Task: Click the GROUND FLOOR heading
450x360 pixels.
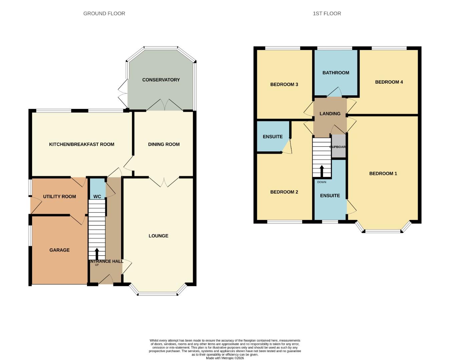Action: tap(104, 14)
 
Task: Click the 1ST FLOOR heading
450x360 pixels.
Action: tap(327, 14)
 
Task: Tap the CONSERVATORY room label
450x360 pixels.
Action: tap(161, 80)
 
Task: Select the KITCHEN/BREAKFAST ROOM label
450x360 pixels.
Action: tap(82, 144)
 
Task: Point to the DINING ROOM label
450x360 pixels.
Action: tap(164, 144)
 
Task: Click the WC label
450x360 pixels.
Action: tap(97, 197)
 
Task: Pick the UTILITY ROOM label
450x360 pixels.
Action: tap(59, 197)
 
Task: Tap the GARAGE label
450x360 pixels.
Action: tap(59, 250)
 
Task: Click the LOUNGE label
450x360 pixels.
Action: tap(158, 236)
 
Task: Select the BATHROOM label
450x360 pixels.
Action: tap(336, 73)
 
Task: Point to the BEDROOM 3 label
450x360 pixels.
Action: tap(284, 84)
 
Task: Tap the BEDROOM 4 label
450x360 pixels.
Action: tap(389, 82)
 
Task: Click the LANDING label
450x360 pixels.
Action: tap(330, 114)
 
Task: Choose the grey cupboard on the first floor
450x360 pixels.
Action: tap(338, 147)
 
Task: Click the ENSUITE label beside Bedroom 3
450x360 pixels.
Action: tap(273, 137)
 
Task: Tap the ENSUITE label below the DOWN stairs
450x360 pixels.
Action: tap(330, 196)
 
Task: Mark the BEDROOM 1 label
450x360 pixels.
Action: tap(383, 173)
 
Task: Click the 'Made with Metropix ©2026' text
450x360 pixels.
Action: tap(225, 358)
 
